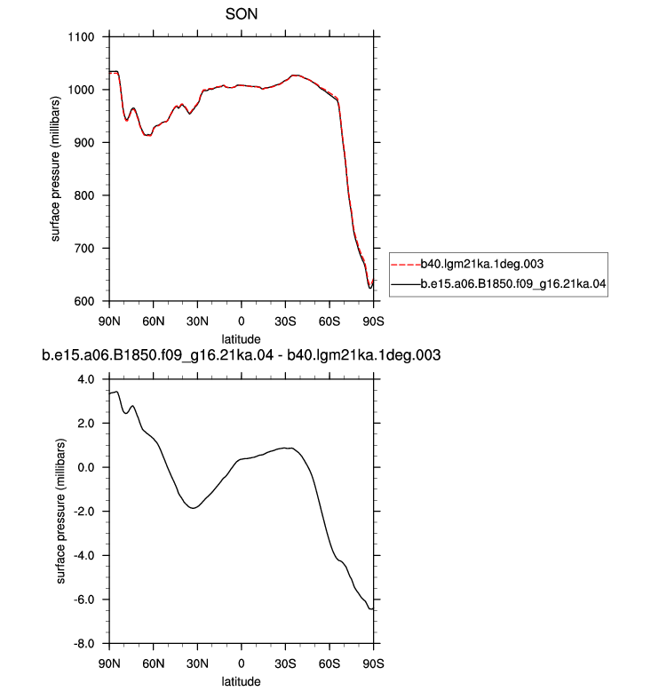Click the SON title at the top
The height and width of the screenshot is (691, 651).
(241, 14)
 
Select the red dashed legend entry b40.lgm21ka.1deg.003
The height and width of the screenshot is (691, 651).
(467, 264)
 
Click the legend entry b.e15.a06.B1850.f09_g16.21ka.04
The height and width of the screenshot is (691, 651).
(498, 283)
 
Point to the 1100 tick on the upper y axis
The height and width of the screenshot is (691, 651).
(81, 37)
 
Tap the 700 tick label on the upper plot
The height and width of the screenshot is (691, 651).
(83, 249)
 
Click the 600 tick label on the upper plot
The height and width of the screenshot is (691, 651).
(83, 301)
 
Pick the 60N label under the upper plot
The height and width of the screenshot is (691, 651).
(153, 322)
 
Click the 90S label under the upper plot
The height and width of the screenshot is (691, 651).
(373, 322)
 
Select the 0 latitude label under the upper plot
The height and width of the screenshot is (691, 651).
(241, 322)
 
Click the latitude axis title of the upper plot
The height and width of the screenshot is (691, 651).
(241, 339)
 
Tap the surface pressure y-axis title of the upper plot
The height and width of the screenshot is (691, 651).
(55, 169)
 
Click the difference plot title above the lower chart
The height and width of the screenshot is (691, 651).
(241, 355)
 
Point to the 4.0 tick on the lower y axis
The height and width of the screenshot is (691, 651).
(86, 379)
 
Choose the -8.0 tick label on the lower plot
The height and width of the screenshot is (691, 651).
(83, 644)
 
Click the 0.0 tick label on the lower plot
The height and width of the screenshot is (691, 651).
(86, 467)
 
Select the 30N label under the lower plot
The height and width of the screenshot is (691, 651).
(197, 663)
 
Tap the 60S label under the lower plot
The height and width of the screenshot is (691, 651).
(329, 663)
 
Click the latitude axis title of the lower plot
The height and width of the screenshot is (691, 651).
(241, 681)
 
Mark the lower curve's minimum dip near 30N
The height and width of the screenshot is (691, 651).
(193, 508)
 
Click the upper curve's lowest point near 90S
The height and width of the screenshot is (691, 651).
(370, 288)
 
